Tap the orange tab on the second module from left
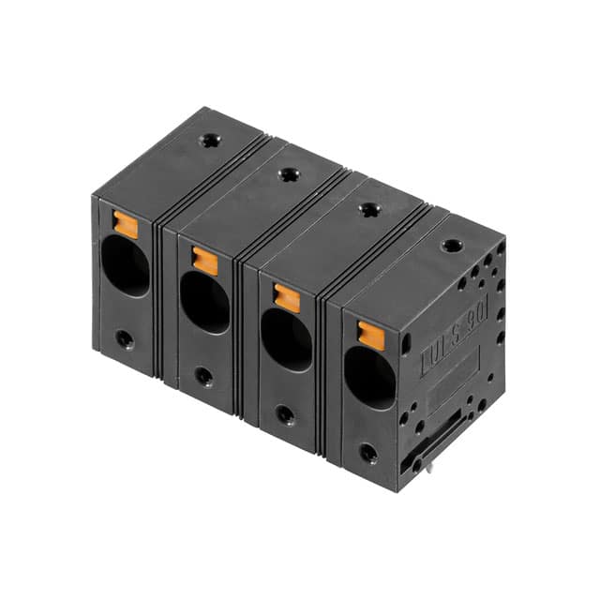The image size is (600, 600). (204, 261)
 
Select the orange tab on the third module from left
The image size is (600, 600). (287, 298)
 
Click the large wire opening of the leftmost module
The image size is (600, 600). (126, 265)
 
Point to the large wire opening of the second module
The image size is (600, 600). (204, 302)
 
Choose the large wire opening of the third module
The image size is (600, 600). (286, 339)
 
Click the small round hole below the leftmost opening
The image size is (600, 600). (124, 338)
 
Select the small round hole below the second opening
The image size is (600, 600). (203, 376)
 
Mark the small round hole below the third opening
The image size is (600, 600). (285, 414)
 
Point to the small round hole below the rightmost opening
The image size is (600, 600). (368, 453)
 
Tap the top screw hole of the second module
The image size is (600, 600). (288, 174)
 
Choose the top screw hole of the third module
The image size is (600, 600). (369, 210)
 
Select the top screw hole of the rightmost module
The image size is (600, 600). (452, 246)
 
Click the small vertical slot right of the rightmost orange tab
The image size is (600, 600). (405, 344)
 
